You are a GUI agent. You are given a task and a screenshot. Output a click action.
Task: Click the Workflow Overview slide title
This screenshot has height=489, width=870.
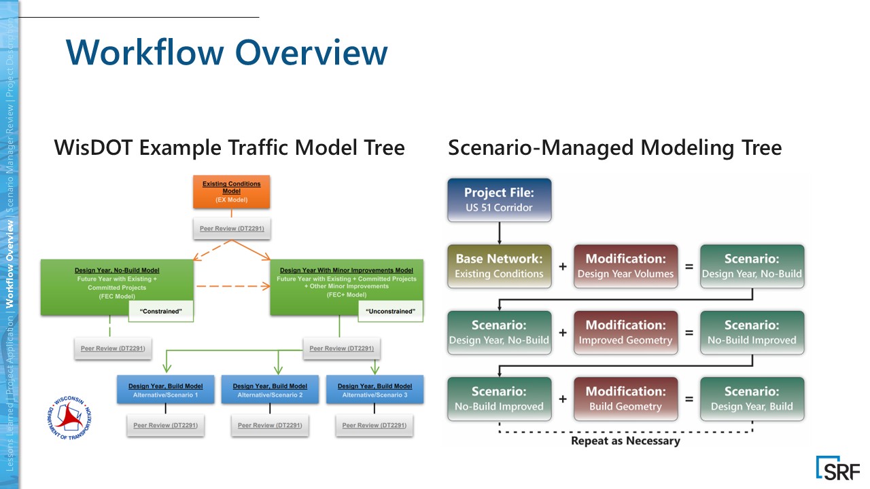[x=226, y=52]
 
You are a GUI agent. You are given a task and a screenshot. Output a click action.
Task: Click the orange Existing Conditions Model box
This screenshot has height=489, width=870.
[x=232, y=192]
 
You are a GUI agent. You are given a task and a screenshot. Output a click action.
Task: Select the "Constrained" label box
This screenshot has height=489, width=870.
[x=161, y=312]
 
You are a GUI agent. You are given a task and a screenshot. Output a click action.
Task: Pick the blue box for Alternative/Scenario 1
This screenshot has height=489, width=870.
[x=166, y=390]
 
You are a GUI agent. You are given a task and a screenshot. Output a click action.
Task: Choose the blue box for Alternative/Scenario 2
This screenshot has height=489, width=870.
[x=270, y=390]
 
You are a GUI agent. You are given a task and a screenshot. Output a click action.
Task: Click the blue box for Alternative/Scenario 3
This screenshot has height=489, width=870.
[x=375, y=390]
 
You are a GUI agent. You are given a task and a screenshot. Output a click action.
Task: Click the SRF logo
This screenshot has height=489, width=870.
[x=838, y=469]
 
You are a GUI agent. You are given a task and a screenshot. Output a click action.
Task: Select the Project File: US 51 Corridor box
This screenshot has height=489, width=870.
[x=499, y=200]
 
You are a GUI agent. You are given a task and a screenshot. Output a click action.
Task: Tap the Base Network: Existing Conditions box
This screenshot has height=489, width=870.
[x=499, y=266]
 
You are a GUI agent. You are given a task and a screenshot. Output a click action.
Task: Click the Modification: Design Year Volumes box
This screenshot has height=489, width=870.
[x=625, y=266]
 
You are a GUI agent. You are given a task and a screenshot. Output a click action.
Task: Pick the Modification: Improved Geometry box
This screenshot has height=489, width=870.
[x=625, y=333]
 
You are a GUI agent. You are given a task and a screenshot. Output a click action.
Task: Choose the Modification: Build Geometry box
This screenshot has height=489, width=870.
[x=625, y=399]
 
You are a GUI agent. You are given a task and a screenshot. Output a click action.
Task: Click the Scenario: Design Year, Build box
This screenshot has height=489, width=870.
[x=752, y=399]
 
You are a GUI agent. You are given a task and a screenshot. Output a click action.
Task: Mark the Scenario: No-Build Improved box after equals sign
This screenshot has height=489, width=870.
[x=752, y=333]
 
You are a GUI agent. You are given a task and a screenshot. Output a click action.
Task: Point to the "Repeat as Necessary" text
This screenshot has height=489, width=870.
[x=625, y=441]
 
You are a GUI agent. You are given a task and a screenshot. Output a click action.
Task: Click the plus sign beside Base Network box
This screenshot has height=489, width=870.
[x=563, y=267]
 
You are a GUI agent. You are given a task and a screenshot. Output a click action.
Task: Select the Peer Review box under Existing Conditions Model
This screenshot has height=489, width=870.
[x=232, y=229]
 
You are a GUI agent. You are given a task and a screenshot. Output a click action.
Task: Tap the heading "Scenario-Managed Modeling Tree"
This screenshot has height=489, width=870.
[x=614, y=147]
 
